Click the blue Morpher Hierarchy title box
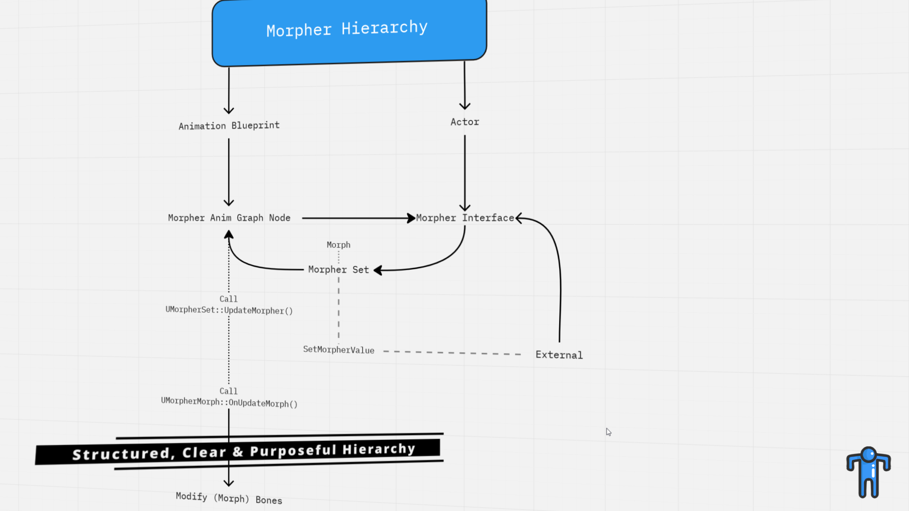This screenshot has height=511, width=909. (x=349, y=32)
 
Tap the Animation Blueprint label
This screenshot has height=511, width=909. (x=229, y=126)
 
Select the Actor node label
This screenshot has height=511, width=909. (x=465, y=122)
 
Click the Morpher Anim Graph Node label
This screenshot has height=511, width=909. (x=229, y=218)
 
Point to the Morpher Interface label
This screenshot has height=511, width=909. (x=465, y=218)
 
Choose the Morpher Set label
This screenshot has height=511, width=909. (x=339, y=270)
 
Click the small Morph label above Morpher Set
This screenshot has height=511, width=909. (x=339, y=245)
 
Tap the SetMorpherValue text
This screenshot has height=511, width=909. (x=339, y=350)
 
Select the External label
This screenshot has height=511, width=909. (x=559, y=355)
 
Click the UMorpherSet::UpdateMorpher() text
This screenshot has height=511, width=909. (x=229, y=310)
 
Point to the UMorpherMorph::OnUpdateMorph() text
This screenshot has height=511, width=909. (x=229, y=402)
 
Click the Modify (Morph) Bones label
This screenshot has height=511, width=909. (x=229, y=498)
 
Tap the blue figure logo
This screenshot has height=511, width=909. (x=869, y=472)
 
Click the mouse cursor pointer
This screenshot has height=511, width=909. (x=608, y=432)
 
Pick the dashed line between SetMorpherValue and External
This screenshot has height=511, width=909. (x=452, y=352)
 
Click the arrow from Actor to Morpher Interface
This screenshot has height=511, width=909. (x=465, y=173)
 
